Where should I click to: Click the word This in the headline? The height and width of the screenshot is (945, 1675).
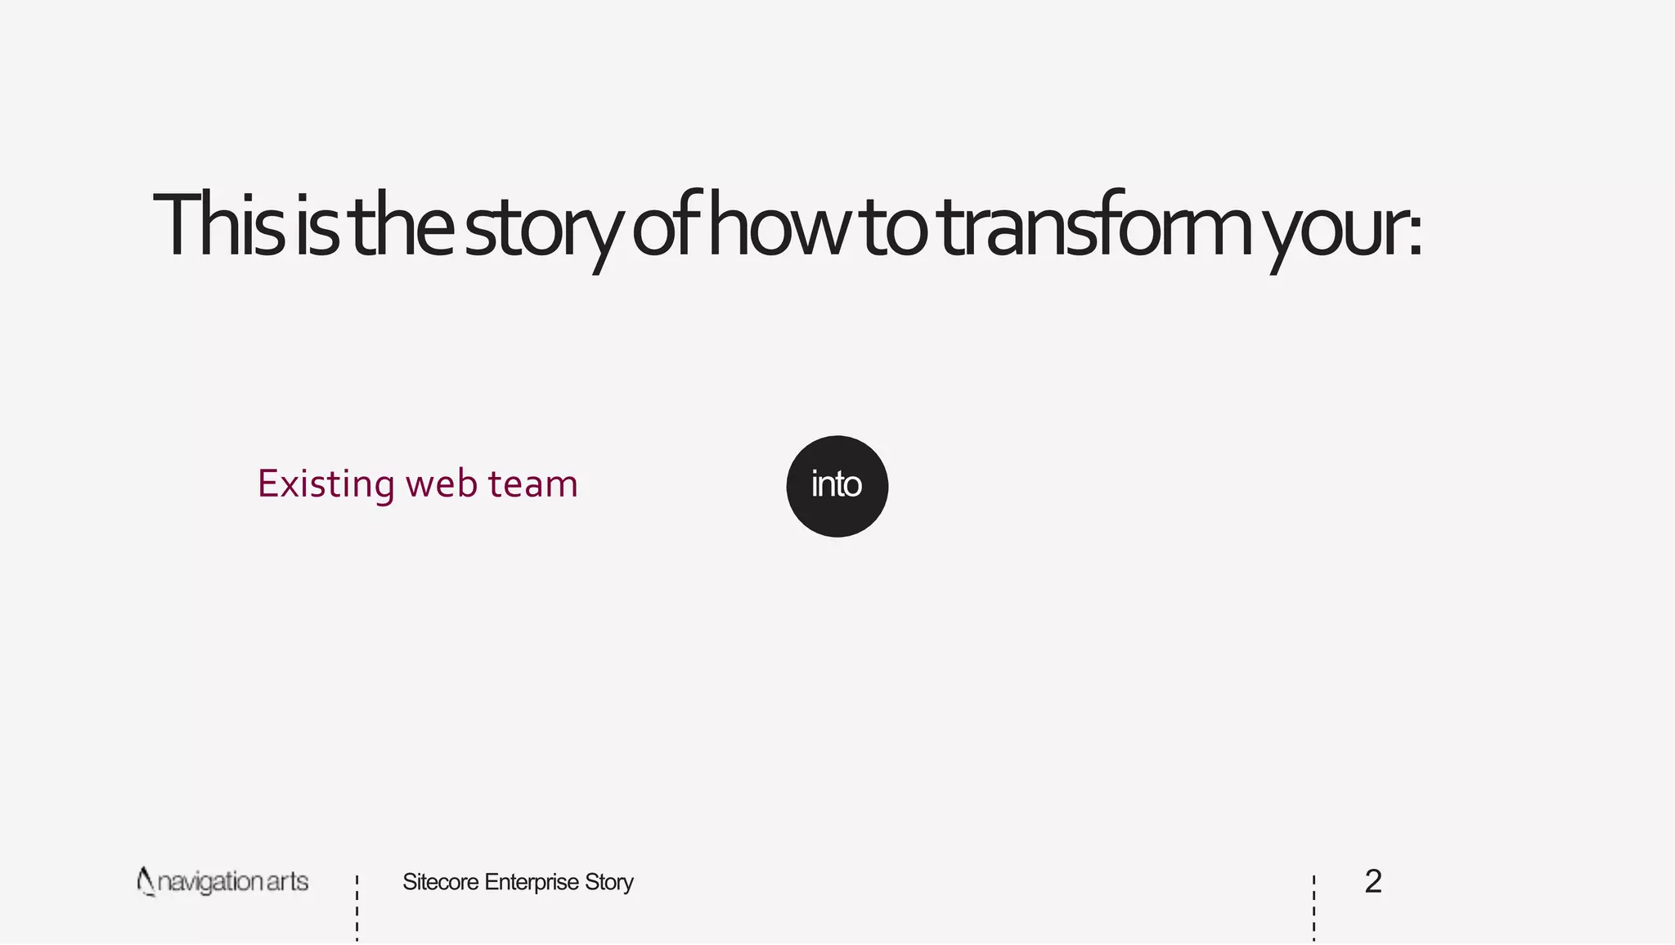[218, 225]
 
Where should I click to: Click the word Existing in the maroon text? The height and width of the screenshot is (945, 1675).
[326, 484]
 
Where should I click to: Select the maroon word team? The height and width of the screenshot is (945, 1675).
[533, 484]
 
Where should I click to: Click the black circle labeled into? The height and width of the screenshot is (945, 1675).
[837, 486]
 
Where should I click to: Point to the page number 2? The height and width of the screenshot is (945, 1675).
[1373, 881]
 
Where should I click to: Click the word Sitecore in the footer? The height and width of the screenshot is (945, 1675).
[440, 882]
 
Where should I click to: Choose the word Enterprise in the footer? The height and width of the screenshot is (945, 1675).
[532, 882]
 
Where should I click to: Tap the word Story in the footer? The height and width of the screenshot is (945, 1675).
[609, 882]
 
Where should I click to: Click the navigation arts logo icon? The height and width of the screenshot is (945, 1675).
[146, 881]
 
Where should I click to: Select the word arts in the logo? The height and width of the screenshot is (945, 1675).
[287, 882]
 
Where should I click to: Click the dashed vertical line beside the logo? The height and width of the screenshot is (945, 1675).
[357, 908]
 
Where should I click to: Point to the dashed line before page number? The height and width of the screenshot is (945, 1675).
[1314, 908]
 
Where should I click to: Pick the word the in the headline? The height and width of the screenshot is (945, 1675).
[402, 225]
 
